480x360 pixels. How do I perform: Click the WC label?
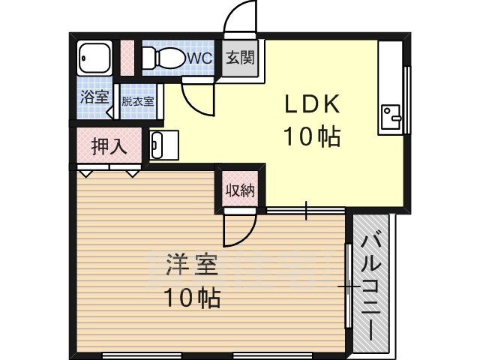[199, 58]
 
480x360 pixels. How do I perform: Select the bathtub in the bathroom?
[94, 58]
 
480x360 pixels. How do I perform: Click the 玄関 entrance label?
[240, 58]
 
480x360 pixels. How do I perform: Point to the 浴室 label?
[94, 97]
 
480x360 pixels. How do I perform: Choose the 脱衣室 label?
[138, 101]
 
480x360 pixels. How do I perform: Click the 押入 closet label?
[109, 147]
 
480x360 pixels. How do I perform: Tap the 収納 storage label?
[240, 190]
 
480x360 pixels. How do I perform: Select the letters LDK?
[312, 104]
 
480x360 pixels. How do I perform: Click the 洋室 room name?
[192, 265]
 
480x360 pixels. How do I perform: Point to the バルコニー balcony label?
[371, 287]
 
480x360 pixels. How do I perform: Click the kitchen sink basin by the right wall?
[391, 117]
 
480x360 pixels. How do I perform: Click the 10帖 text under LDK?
[312, 136]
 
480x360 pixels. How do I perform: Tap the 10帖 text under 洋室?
[192, 298]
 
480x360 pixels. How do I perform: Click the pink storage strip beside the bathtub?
[127, 58]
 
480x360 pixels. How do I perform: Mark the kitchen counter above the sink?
[390, 73]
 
